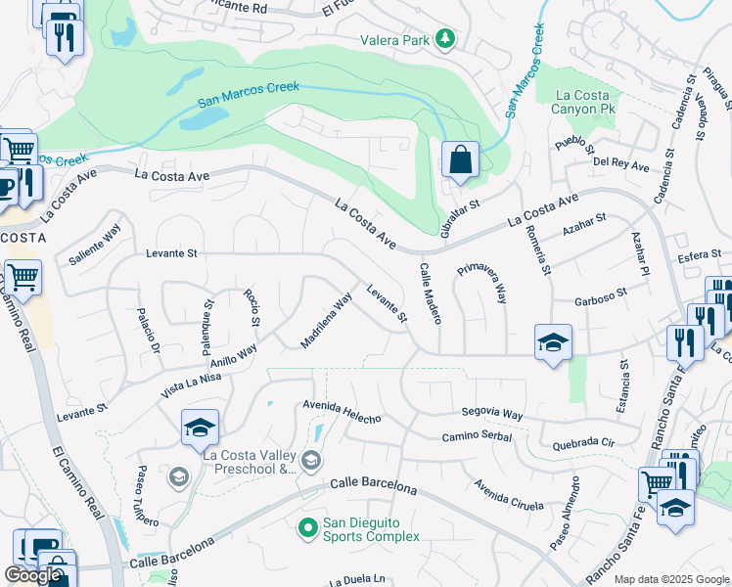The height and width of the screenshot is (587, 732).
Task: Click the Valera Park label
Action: pos(394,39)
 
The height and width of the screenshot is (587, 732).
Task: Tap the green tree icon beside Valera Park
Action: pos(445,39)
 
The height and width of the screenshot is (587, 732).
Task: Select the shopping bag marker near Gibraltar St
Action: pos(459,159)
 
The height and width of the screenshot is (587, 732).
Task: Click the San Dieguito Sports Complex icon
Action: pos(307,527)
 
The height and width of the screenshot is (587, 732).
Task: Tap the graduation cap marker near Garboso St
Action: pos(553,342)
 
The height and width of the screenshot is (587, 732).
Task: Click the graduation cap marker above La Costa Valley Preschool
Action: pos(200,428)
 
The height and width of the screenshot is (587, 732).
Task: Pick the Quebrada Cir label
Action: pos(581,442)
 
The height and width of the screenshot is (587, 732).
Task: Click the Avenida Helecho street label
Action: pos(341,410)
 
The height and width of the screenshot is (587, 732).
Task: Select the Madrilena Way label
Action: pos(326,321)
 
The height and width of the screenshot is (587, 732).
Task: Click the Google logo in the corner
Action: pos(32,575)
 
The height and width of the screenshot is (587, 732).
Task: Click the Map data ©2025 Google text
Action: pos(671,579)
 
